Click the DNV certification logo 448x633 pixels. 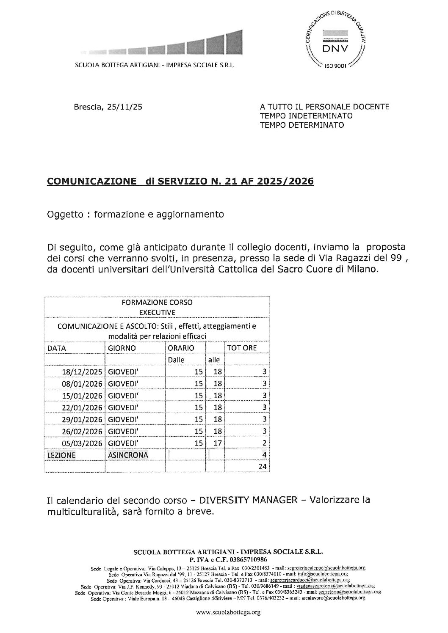(x=335, y=42)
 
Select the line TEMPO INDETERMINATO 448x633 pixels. (x=306, y=116)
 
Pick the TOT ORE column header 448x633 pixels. (x=242, y=348)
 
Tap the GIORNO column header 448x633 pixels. (x=122, y=348)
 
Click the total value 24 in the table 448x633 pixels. (x=262, y=467)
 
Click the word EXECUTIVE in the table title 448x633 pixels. (x=157, y=313)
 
